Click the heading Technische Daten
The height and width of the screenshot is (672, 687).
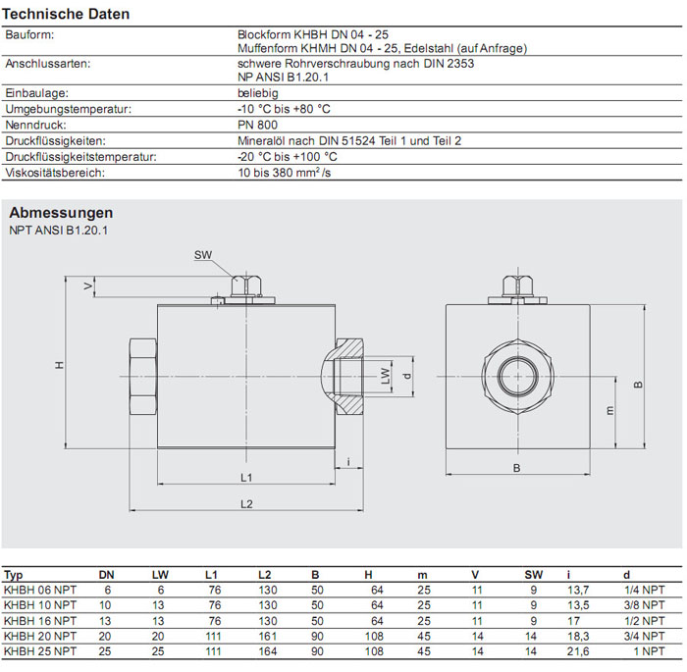pos(66,15)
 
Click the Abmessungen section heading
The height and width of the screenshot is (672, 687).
pos(61,213)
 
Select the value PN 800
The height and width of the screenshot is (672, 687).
pos(257,126)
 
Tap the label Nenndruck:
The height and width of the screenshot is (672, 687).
pos(35,126)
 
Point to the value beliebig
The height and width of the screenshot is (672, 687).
pos(258,94)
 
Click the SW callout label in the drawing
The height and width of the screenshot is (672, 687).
pos(203,255)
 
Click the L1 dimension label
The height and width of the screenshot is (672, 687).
pos(247,478)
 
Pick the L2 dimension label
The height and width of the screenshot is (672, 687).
pos(247,504)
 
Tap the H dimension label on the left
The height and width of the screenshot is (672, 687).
pos(59,365)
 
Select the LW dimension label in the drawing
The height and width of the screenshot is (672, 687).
pos(386,375)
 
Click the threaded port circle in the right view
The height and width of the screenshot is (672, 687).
pos(516,374)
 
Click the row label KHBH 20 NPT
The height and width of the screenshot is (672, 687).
pos(40,636)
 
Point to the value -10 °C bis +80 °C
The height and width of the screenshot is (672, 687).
pos(285,110)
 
